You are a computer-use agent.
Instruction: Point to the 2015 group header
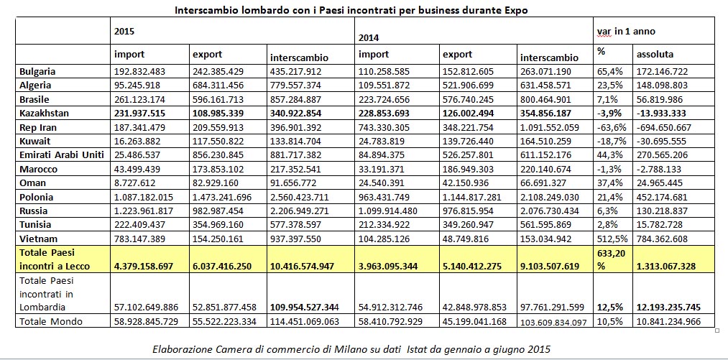pos(124,32)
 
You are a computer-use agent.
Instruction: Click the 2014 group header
pos(367,36)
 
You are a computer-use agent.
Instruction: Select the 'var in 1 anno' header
pos(626,32)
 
